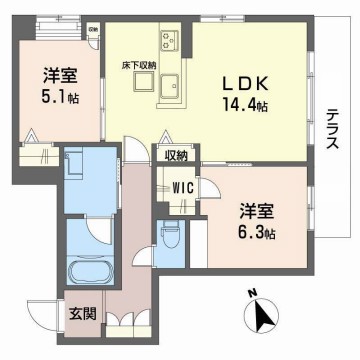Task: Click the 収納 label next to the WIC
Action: point(178,157)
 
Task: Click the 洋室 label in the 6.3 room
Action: point(258,212)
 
